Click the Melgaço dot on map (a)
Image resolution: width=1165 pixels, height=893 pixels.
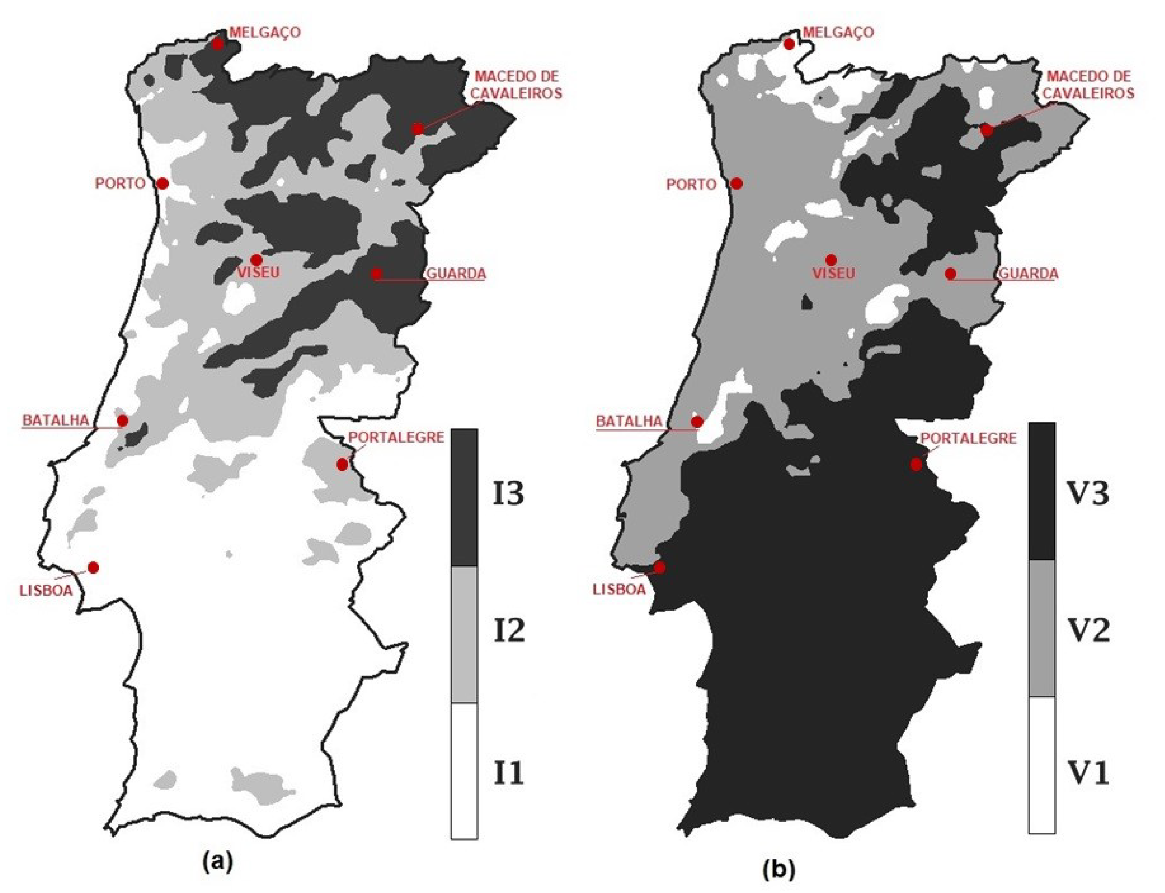217,44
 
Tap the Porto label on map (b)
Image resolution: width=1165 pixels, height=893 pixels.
691,185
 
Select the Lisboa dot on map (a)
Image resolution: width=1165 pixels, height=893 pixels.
93,567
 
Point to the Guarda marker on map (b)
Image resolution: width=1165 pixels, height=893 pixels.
950,274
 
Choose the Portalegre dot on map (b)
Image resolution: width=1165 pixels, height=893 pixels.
916,465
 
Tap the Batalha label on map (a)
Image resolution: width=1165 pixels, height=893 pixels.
55,420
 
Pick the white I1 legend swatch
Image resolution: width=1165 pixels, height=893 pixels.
464,771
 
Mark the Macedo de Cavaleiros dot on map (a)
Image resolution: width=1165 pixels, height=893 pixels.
418,129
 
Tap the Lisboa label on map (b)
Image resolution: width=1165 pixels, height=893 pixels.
619,589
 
